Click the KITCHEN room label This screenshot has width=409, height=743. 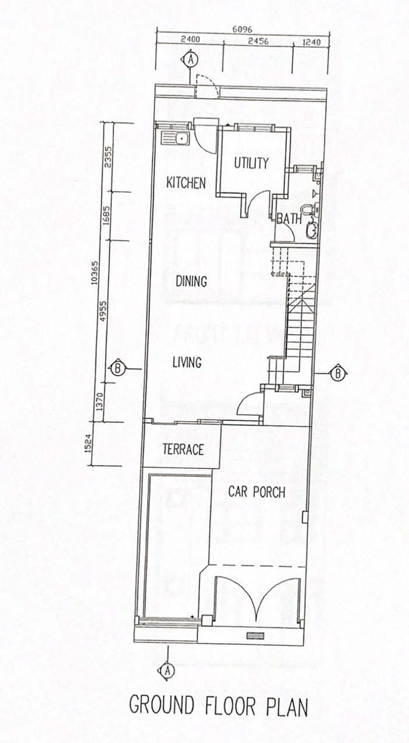pyautogui.click(x=186, y=183)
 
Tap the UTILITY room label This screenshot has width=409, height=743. pyautogui.click(x=251, y=163)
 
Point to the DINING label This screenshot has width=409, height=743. pyautogui.click(x=191, y=282)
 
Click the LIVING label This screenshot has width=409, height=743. pyautogui.click(x=187, y=362)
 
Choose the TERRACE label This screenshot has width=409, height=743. pyautogui.click(x=183, y=450)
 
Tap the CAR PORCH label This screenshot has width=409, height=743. pyautogui.click(x=257, y=492)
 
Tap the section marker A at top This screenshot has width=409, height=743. pyautogui.click(x=191, y=58)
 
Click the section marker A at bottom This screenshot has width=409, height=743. pyautogui.click(x=168, y=670)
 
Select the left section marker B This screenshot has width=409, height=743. pyautogui.click(x=117, y=368)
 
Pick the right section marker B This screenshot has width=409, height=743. pyautogui.click(x=337, y=372)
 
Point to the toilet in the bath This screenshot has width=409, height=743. pyautogui.click(x=309, y=209)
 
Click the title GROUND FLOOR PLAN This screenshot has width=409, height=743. pyautogui.click(x=218, y=706)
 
